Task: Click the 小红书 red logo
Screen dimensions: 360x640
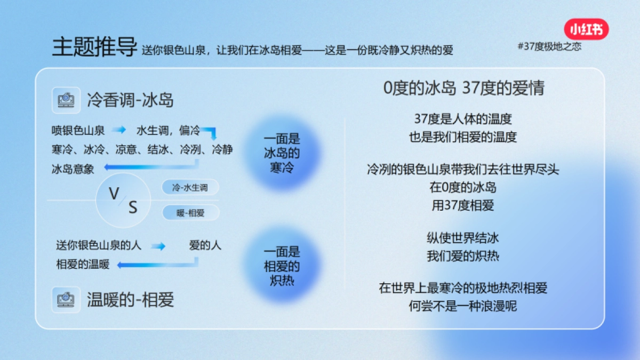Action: coord(586,29)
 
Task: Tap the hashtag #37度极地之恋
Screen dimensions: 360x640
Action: coord(549,46)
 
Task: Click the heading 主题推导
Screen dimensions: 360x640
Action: coord(94,47)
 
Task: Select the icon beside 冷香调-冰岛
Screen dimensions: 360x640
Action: coord(66,100)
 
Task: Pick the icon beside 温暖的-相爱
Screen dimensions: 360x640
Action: coord(66,300)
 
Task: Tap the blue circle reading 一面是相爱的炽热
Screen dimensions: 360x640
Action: coord(282,266)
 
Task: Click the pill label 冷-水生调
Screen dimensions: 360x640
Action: coord(190,188)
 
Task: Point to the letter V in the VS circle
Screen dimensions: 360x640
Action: coord(114,194)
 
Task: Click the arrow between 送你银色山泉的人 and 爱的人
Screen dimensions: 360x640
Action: coord(158,246)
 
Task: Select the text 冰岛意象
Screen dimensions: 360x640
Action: coord(73,169)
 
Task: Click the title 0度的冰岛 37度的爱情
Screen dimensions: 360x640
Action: coord(463,88)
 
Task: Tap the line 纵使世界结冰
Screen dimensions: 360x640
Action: coord(463,238)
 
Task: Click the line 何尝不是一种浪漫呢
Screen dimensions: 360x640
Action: coord(463,306)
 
